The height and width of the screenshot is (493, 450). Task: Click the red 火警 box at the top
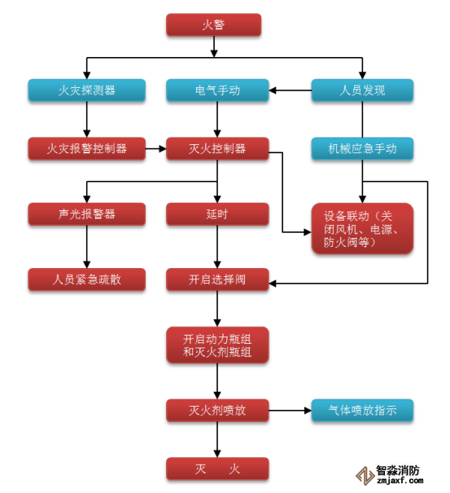[x=213, y=24]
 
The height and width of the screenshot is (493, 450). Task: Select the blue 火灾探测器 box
[x=86, y=90]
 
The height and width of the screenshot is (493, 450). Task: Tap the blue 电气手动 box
[x=217, y=90]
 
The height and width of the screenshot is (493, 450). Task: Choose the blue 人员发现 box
[x=361, y=90]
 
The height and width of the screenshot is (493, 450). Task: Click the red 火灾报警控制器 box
[x=86, y=148]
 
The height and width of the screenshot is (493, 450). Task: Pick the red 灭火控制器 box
[x=217, y=148]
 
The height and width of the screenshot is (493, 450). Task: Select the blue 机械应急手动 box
[x=361, y=148]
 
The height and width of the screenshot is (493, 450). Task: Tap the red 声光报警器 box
[x=86, y=213]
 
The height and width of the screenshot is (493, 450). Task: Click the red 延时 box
[x=217, y=213]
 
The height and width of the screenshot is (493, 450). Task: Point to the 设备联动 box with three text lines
[x=361, y=228]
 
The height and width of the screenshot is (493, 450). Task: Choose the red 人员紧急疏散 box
[x=86, y=280]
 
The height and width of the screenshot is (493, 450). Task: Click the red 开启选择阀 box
[x=217, y=280]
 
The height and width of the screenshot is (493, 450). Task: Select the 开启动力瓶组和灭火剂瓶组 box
[x=217, y=346]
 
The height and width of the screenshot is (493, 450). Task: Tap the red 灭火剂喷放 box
[x=217, y=410]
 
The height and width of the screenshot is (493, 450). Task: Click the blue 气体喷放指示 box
[x=361, y=410]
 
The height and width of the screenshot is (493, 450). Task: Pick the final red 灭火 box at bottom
[x=217, y=469]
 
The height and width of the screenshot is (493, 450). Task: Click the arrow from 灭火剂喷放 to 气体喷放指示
[x=290, y=410]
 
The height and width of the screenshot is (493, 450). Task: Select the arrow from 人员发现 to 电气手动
[x=290, y=90]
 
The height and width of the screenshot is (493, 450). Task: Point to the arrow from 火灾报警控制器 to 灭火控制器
[x=155, y=148]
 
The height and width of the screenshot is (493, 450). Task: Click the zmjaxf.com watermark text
[x=397, y=482]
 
